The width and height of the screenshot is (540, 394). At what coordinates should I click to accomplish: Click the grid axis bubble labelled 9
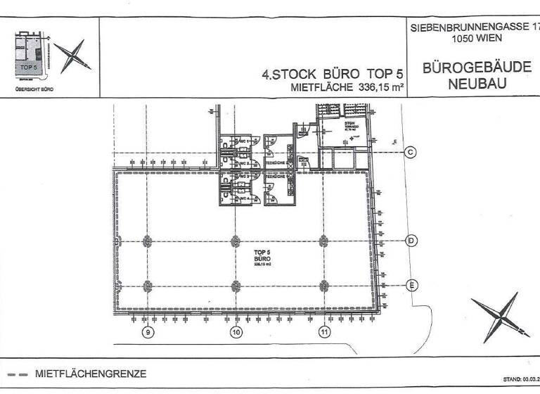pos(148,331)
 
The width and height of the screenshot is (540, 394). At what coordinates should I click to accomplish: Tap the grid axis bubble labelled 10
pos(236,331)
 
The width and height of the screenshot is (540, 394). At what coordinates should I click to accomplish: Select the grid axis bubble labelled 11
pos(324,331)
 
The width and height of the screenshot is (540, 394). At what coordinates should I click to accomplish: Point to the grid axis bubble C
pos(412,152)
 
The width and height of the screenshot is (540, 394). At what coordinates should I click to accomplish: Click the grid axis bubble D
pos(412,241)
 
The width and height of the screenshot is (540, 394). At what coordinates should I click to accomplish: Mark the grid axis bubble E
pos(412,285)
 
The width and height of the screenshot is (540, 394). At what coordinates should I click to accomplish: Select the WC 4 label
pos(244,200)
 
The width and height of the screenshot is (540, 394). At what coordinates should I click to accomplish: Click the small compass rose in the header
pos(72,57)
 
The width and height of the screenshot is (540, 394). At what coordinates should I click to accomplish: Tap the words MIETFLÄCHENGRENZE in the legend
pos(91,374)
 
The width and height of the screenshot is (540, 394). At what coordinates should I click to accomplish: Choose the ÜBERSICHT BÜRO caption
pos(33,89)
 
